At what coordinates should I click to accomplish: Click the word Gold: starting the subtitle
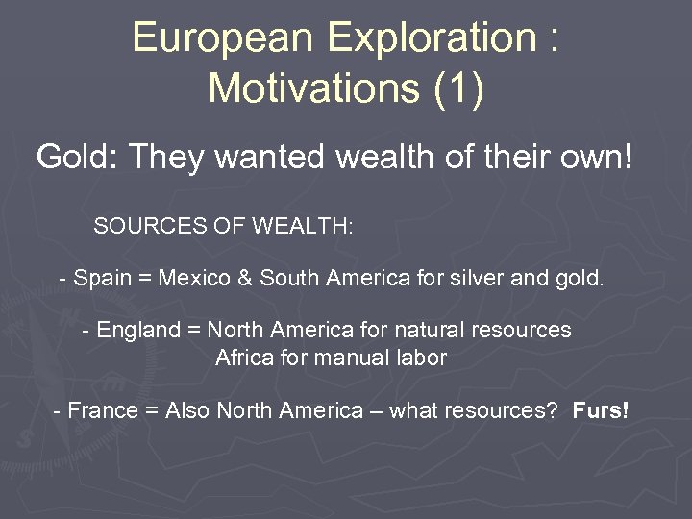tap(76, 156)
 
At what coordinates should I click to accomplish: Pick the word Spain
tap(102, 279)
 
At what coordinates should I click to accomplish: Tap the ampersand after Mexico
tap(245, 279)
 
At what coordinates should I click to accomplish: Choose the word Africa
tap(244, 358)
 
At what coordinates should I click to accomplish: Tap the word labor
tap(424, 358)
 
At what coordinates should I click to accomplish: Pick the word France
tap(103, 411)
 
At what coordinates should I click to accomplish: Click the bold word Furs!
tap(601, 411)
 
